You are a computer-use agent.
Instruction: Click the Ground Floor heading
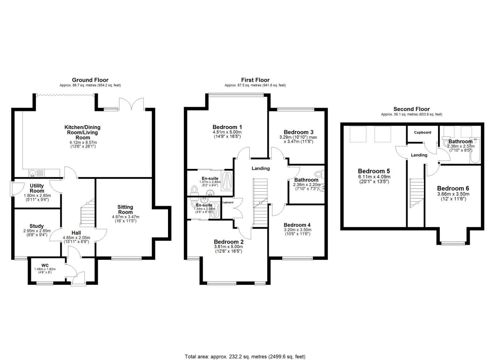pos(90,80)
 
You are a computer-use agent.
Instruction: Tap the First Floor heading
pos(255,80)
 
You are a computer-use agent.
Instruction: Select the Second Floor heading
pos(411,109)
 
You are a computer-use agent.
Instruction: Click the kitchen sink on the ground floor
pos(33,173)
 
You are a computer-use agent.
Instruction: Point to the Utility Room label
pos(37,188)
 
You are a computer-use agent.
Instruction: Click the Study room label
pos(36,226)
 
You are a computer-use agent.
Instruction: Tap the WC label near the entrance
pos(45,265)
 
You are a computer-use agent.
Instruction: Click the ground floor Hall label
pos(76,233)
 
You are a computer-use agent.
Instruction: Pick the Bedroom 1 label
pos(227,127)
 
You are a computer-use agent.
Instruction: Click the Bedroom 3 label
pos(298,132)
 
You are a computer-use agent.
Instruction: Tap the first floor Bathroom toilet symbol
pos(318,174)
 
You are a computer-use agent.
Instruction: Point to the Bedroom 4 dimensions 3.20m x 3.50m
pos(297,230)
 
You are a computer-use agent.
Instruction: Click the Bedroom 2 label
pos(228,242)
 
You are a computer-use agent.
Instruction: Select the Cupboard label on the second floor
pos(422,132)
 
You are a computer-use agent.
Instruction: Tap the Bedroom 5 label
pos(374,171)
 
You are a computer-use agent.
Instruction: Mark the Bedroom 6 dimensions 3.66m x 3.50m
pos(453,194)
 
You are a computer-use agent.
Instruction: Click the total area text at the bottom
pos(245,357)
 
